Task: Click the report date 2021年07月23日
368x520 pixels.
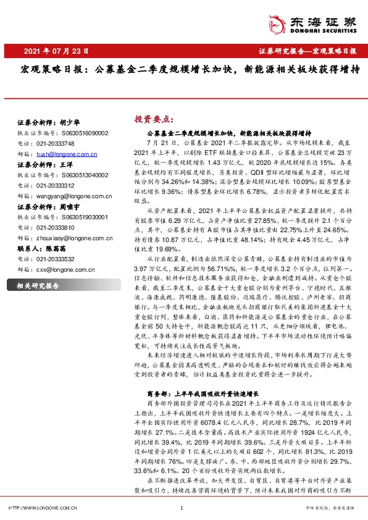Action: tap(55, 51)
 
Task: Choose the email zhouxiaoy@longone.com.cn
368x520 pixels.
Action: tap(73, 253)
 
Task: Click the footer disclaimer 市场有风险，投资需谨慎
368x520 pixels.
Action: tap(334, 508)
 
